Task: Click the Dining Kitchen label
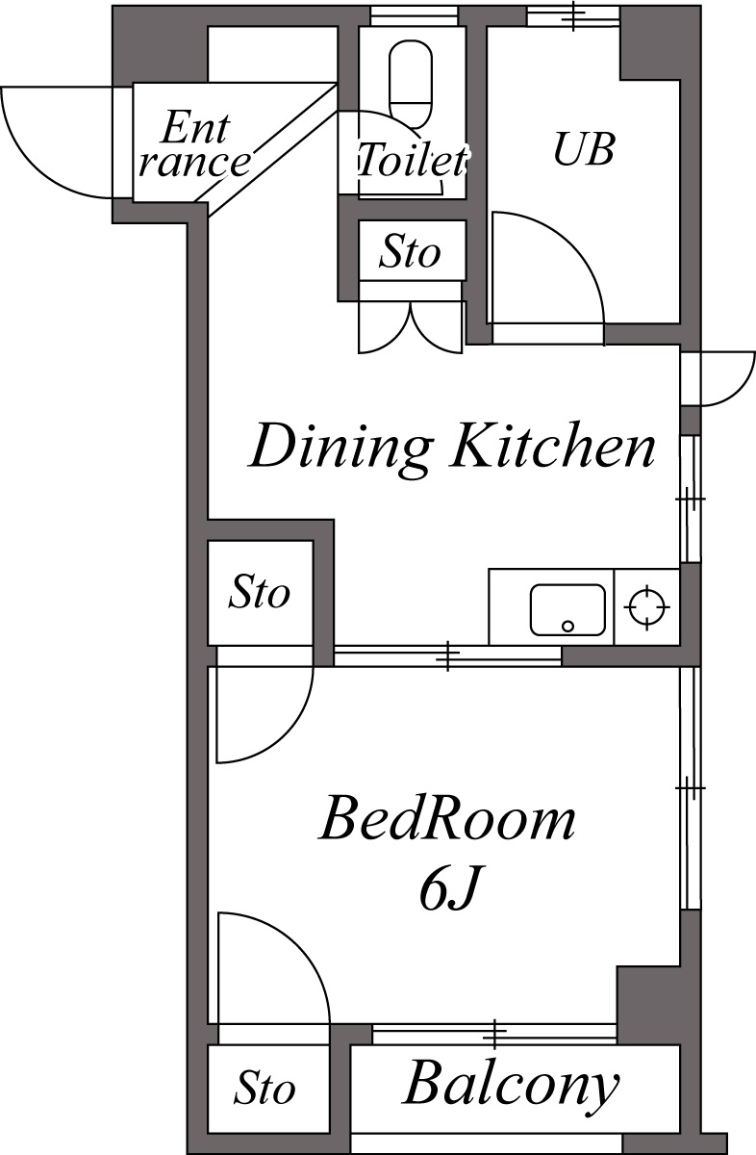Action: point(452,447)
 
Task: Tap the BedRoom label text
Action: point(447,820)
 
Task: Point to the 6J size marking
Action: point(448,891)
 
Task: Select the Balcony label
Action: point(511,1086)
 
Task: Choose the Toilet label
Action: point(412,160)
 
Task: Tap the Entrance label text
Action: point(192,144)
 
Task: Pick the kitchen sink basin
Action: point(567,609)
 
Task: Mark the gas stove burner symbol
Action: point(646,607)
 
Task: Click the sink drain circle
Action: point(567,626)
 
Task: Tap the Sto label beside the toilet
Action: point(410,252)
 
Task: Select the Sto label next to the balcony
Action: point(265,1090)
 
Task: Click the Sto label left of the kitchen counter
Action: point(259,593)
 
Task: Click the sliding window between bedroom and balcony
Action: point(493,1034)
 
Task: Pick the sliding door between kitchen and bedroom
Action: point(447,656)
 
